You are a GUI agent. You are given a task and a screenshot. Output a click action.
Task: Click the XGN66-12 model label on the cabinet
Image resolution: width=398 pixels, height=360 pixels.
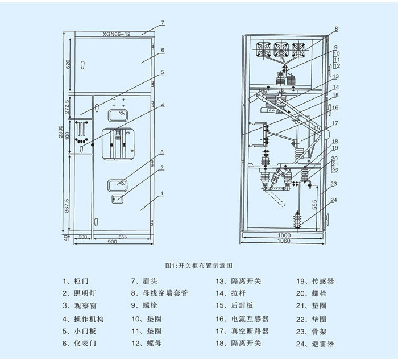click(x=117, y=34)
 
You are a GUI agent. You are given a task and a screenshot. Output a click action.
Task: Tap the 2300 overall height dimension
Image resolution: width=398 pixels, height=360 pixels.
click(x=61, y=131)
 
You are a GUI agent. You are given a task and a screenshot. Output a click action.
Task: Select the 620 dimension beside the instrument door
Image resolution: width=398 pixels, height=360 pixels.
click(x=68, y=64)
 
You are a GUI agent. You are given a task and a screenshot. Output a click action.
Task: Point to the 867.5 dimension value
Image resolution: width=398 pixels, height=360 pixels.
click(x=67, y=206)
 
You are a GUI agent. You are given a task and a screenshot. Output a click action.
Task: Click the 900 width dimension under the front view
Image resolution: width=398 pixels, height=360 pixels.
click(x=112, y=242)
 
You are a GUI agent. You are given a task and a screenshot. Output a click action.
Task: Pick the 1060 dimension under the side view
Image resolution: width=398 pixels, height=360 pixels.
click(x=284, y=241)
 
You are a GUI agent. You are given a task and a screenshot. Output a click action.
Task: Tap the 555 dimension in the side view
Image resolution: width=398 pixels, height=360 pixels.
click(x=315, y=205)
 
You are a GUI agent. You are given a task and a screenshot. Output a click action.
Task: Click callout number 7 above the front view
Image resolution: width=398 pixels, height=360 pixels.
click(x=163, y=23)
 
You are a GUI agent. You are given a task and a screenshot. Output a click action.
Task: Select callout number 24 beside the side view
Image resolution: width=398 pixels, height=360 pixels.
click(x=334, y=200)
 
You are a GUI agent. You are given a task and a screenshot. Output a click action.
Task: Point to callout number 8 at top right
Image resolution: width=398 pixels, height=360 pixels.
click(x=336, y=29)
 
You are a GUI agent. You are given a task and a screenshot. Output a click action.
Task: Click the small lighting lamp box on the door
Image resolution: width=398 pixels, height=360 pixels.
click(x=117, y=198)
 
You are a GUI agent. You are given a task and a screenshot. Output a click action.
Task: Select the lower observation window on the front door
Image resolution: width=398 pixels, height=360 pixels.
click(x=117, y=185)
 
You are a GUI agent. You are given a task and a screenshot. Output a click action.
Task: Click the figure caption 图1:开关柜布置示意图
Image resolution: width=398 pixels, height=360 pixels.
click(x=199, y=266)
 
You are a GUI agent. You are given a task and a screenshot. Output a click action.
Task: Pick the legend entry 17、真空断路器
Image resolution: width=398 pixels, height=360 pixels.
click(x=242, y=331)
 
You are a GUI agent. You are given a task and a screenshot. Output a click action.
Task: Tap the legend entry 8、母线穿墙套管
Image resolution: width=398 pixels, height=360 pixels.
click(x=160, y=293)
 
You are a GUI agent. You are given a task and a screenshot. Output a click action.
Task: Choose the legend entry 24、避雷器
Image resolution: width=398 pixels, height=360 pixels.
click(x=315, y=344)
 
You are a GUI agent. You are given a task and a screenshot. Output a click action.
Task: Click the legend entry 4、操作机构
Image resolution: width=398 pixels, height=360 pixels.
click(x=83, y=319)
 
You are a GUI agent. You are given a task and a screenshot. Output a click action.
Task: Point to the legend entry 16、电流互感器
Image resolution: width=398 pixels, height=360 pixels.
click(x=242, y=319)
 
